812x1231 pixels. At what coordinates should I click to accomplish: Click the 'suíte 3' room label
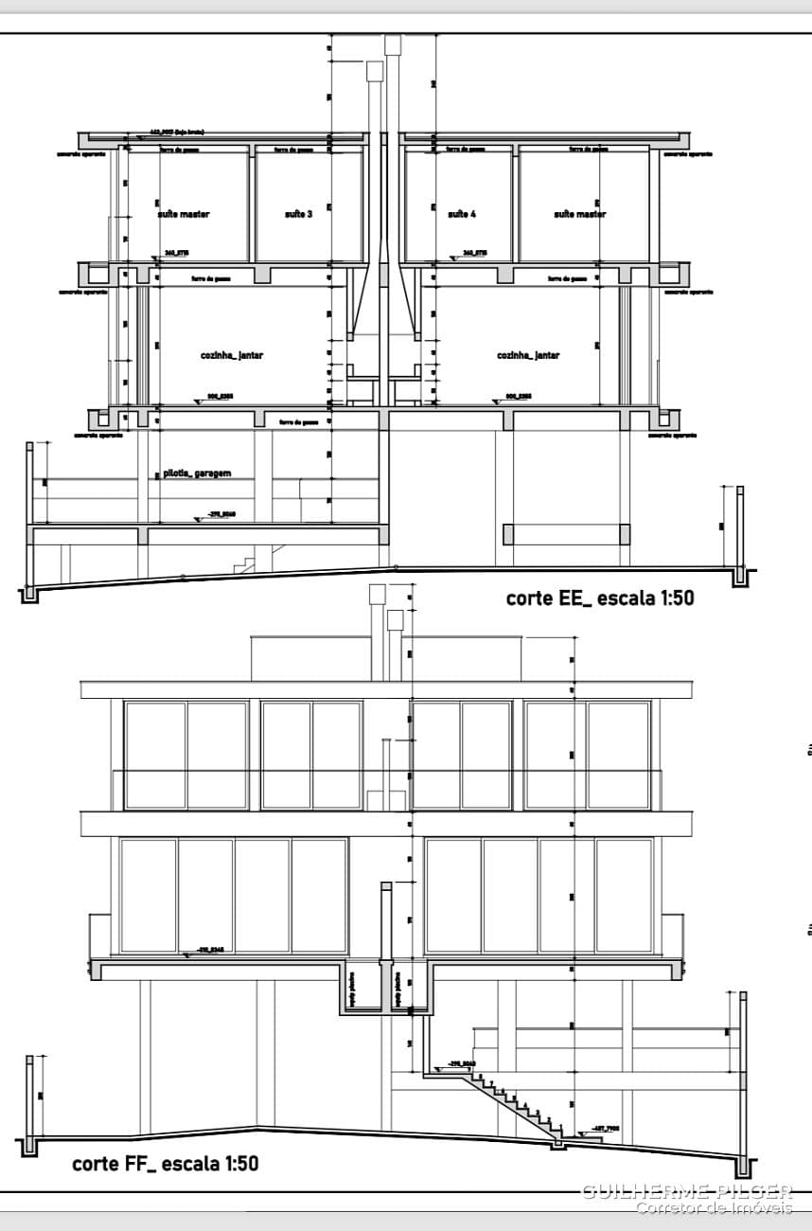pyautogui.click(x=298, y=215)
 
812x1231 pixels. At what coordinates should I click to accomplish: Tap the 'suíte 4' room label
pyautogui.click(x=462, y=215)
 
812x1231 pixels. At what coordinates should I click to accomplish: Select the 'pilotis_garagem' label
pyautogui.click(x=197, y=473)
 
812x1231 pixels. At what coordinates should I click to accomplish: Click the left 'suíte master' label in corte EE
pyautogui.click(x=184, y=215)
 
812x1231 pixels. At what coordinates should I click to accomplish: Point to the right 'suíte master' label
pyautogui.click(x=580, y=215)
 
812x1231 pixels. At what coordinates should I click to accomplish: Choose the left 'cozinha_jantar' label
pyautogui.click(x=232, y=355)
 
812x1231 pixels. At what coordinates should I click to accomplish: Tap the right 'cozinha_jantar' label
pyautogui.click(x=528, y=355)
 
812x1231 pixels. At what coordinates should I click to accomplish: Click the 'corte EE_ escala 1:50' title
pyautogui.click(x=600, y=598)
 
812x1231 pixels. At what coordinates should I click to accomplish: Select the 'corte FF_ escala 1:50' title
pyautogui.click(x=166, y=1163)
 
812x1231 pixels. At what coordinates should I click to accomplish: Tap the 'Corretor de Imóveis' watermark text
pyautogui.click(x=714, y=1207)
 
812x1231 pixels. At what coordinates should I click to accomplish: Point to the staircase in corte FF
pyautogui.click(x=516, y=1103)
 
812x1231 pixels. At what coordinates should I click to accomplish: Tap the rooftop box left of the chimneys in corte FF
pyautogui.click(x=309, y=658)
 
